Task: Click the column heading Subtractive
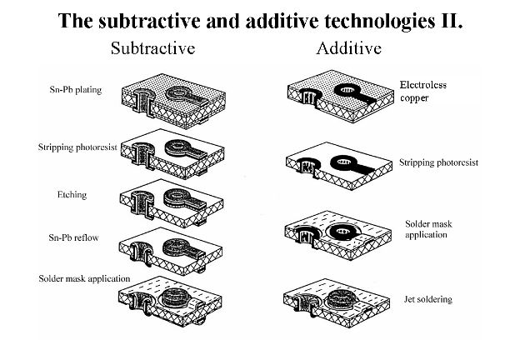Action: [x=152, y=47]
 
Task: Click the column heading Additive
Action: [x=348, y=47]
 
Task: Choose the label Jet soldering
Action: [x=428, y=298]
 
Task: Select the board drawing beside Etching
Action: [x=179, y=201]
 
